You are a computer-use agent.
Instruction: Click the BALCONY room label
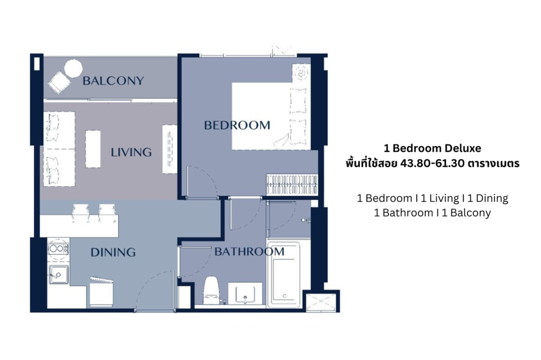113,81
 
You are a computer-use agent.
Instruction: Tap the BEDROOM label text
237,125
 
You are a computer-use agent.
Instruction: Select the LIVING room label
131,153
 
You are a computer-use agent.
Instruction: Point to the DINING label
113,252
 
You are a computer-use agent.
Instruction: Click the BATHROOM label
249,252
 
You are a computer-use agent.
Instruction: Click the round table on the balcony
73,69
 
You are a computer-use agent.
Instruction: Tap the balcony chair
58,82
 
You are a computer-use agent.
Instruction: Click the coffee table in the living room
93,148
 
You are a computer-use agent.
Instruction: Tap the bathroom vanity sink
245,293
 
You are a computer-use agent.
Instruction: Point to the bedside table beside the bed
302,72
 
